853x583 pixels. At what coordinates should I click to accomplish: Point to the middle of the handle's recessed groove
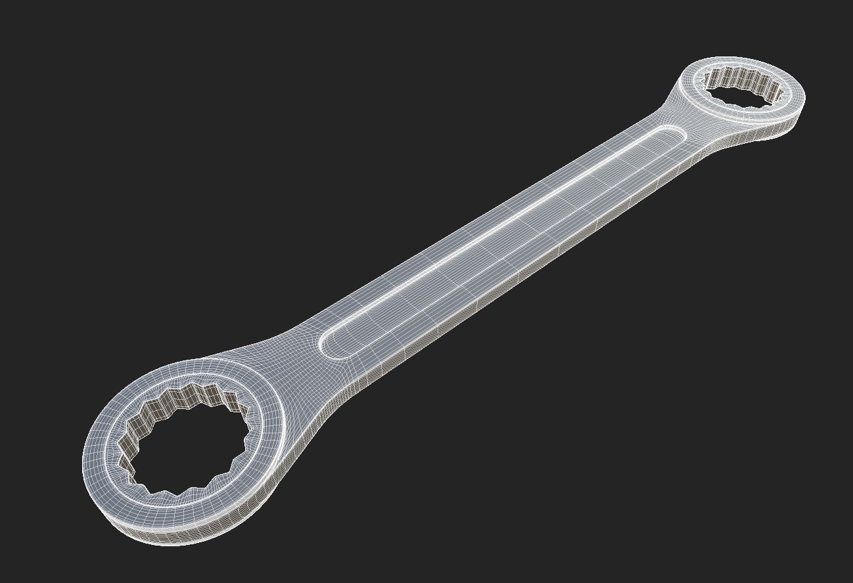[503, 240]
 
